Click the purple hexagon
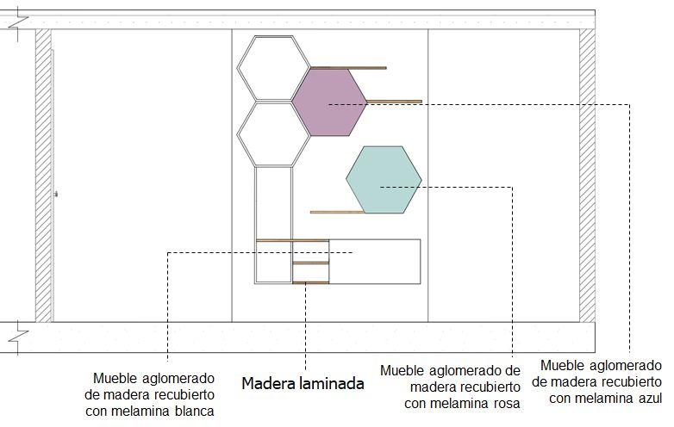(x=328, y=102)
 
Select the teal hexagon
(x=384, y=179)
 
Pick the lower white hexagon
(x=273, y=133)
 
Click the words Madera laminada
(x=302, y=384)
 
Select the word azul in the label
(x=648, y=397)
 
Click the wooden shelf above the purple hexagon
(x=348, y=67)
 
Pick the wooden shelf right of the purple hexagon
(x=394, y=102)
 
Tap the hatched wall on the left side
(x=43, y=176)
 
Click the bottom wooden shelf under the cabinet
(x=310, y=282)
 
